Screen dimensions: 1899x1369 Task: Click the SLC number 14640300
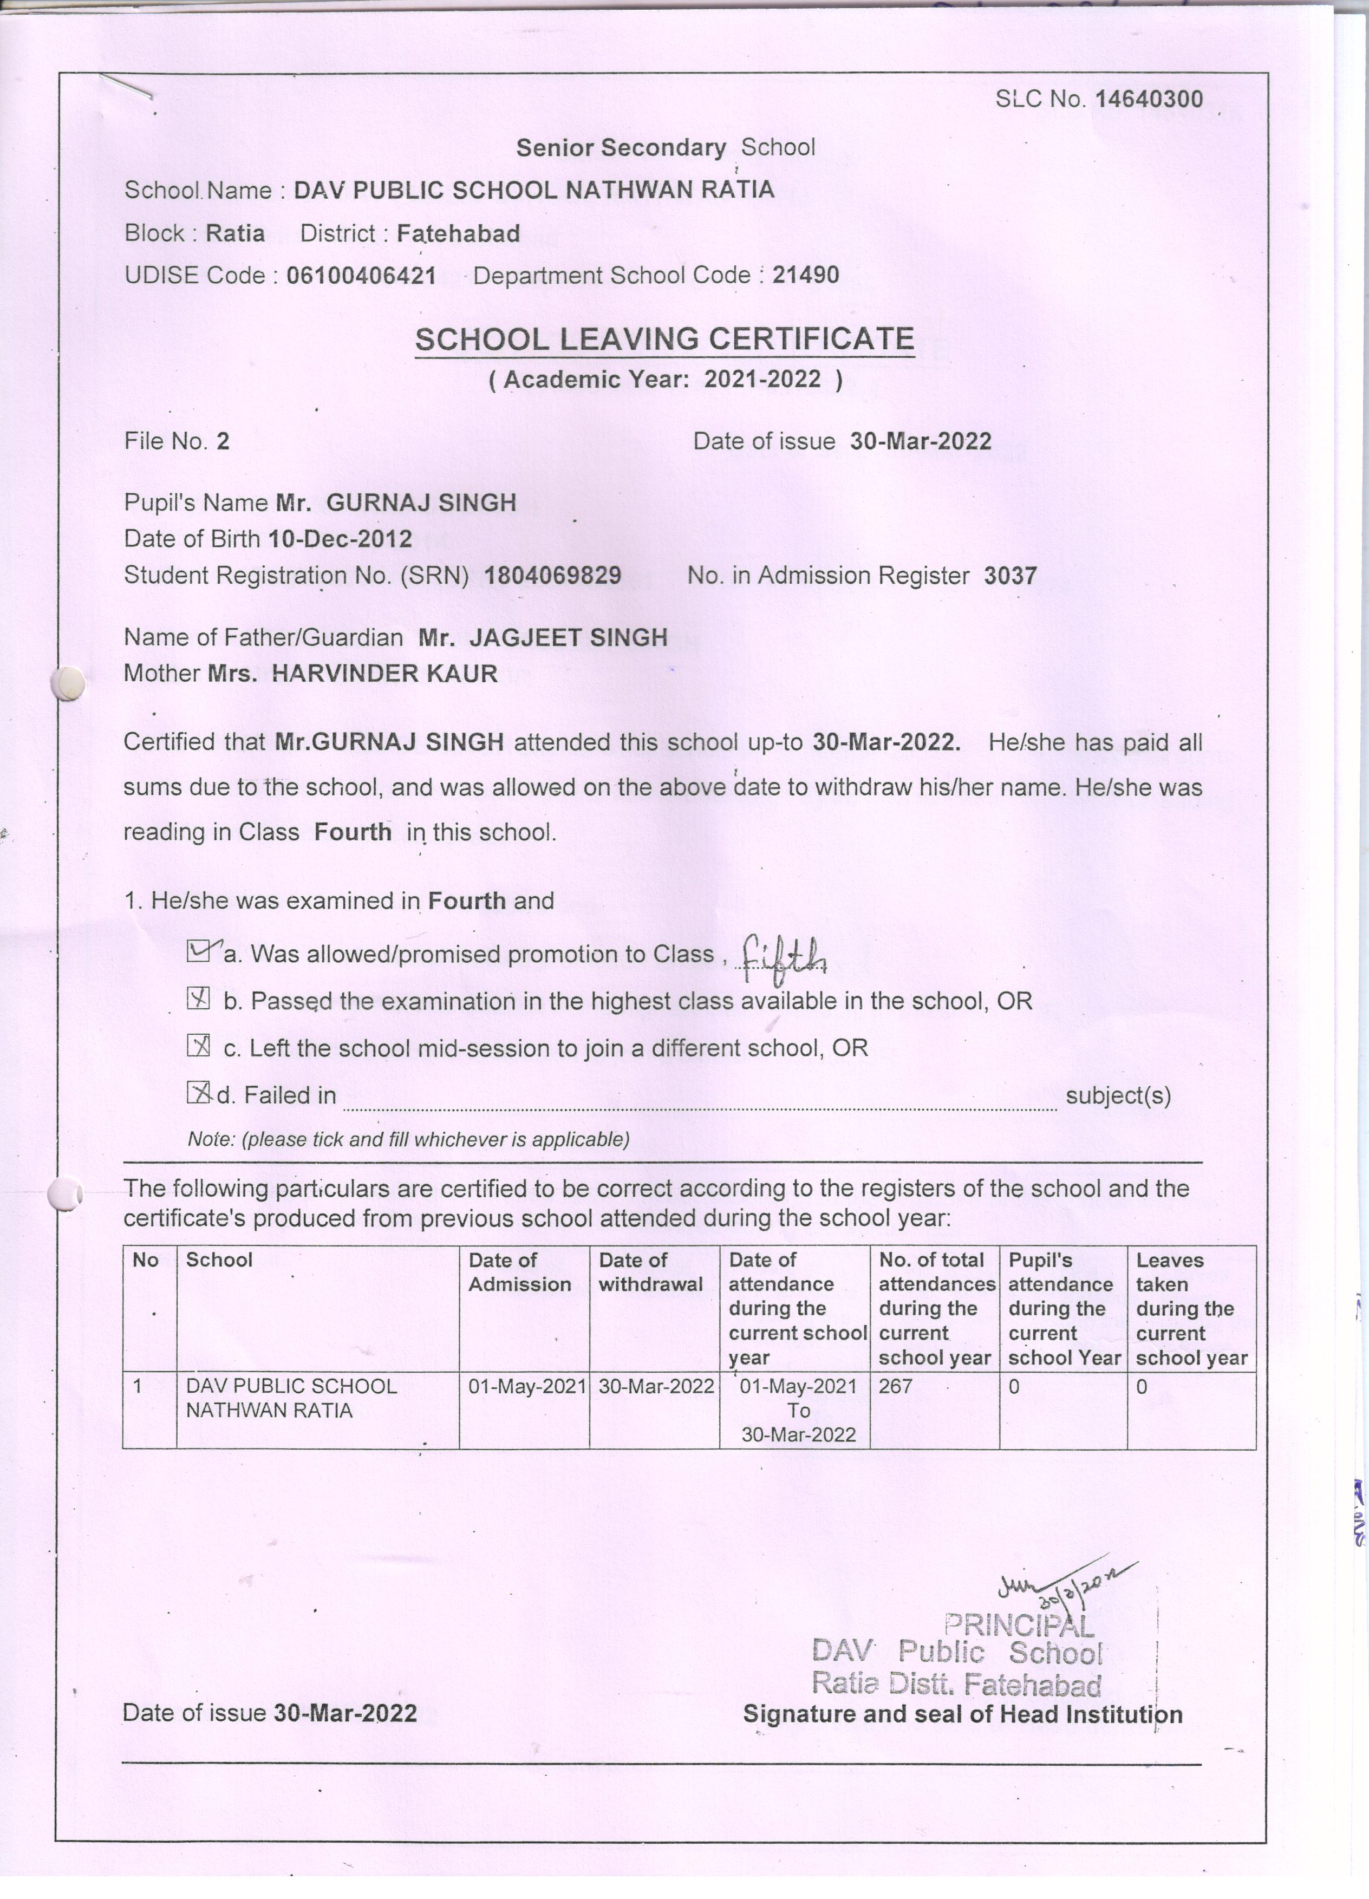1149,100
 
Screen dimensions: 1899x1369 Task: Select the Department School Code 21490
805,276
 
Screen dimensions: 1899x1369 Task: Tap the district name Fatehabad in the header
458,233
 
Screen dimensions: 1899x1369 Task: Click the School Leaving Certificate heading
664,339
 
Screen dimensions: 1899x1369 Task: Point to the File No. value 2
223,441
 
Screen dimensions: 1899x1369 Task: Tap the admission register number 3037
1010,576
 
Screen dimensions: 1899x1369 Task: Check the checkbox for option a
198,951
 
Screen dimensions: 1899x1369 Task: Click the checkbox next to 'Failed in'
198,1093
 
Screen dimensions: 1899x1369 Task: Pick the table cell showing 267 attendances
895,1387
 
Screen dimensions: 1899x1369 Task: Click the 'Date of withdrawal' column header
650,1272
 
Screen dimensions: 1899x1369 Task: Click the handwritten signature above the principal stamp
1064,1585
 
